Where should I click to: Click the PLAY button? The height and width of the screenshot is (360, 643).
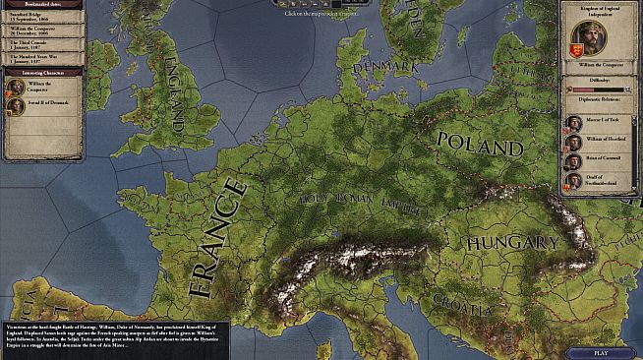tap(600, 352)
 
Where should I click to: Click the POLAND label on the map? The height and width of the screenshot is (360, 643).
tap(480, 146)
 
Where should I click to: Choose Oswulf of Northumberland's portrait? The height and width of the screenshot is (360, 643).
tap(573, 181)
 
